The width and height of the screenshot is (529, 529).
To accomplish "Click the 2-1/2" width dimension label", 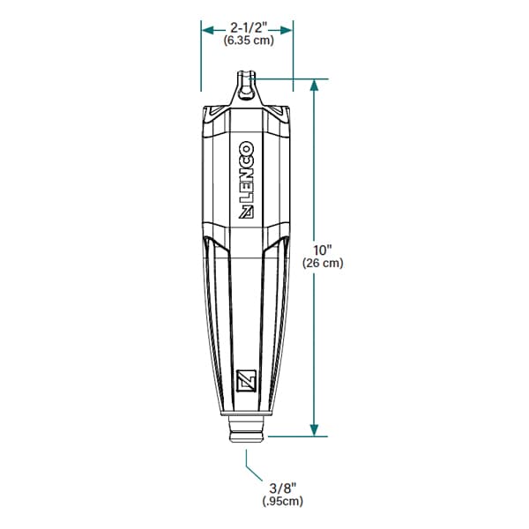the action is click(249, 27).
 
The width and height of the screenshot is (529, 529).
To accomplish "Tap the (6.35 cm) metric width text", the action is click(249, 41).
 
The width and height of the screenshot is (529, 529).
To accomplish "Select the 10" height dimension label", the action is click(323, 250).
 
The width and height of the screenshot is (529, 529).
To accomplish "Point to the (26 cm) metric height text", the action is click(323, 263).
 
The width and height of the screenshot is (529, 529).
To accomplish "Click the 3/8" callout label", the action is click(283, 488).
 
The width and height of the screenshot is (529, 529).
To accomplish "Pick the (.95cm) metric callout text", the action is click(283, 501).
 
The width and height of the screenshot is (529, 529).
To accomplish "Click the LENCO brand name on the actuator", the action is click(247, 172).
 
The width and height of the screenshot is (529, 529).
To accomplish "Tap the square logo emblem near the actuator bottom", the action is click(246, 381).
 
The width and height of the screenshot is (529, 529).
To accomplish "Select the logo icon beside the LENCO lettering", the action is click(246, 212).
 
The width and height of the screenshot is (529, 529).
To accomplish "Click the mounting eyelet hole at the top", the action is click(246, 93).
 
